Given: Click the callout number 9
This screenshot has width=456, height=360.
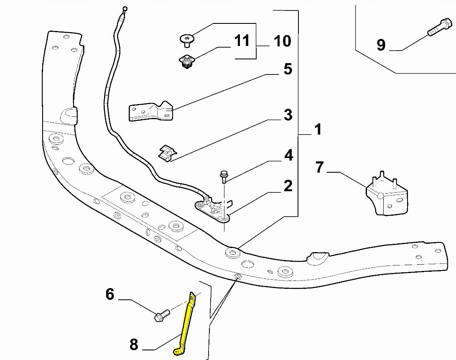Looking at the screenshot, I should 381,45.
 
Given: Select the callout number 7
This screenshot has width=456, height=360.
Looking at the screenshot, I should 320,168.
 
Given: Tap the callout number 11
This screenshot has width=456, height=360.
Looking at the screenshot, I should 242,41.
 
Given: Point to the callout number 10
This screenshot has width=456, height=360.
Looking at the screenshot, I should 282,41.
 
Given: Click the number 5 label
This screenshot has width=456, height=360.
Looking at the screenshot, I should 288,69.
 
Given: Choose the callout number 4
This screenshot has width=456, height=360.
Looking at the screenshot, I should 288,156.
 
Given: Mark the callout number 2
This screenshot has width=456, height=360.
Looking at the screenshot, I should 288,186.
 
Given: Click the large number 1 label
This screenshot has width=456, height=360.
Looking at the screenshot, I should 318,130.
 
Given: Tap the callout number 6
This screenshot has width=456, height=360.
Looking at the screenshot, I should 110,295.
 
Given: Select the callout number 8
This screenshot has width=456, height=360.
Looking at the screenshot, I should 134,345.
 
